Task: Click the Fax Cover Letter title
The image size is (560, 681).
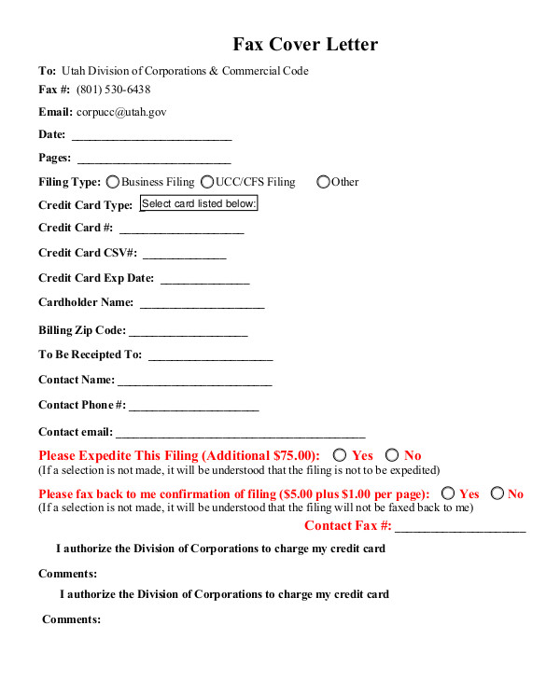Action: click(x=305, y=44)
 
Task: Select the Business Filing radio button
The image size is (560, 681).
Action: click(x=113, y=182)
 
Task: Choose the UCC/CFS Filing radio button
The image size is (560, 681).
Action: click(x=207, y=182)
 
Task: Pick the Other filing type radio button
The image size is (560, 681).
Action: click(x=323, y=182)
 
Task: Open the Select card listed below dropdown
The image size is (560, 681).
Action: click(x=199, y=203)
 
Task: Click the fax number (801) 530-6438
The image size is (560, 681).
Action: click(x=114, y=90)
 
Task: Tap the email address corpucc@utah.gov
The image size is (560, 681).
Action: click(x=121, y=112)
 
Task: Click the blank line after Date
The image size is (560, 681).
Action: click(x=151, y=136)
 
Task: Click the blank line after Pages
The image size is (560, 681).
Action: click(x=153, y=160)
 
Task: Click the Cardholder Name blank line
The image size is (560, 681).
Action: click(x=202, y=304)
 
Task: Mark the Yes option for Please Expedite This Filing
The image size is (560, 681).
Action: click(x=340, y=454)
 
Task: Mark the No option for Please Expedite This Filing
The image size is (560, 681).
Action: click(x=392, y=454)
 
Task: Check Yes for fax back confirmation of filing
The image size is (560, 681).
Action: click(x=448, y=493)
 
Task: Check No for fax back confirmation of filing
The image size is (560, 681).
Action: click(x=497, y=493)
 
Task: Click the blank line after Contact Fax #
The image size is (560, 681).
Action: click(x=460, y=528)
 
